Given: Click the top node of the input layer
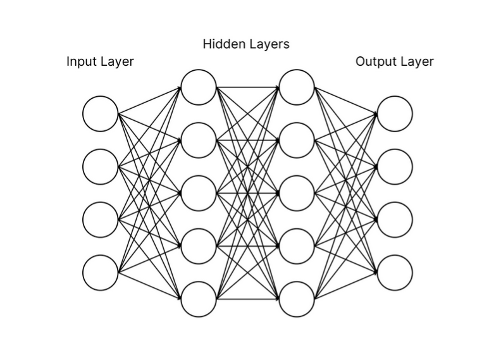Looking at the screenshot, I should pyautogui.click(x=101, y=114).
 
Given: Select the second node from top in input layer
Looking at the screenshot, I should pyautogui.click(x=101, y=166).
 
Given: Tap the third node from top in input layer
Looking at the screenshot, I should pyautogui.click(x=101, y=220).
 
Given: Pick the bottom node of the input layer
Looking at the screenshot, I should pyautogui.click(x=101, y=273).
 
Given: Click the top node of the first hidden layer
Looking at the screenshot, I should pyautogui.click(x=199, y=87).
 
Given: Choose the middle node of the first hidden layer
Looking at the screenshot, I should pyautogui.click(x=199, y=193).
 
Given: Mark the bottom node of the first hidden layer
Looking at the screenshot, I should pyautogui.click(x=199, y=299).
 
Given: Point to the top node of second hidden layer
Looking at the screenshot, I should pyautogui.click(x=297, y=87).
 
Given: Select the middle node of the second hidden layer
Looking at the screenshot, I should pyautogui.click(x=297, y=193).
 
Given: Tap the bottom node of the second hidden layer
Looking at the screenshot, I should pyautogui.click(x=297, y=299).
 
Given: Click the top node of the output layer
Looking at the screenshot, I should pyautogui.click(x=395, y=114).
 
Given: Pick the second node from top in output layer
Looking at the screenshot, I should pyautogui.click(x=395, y=166).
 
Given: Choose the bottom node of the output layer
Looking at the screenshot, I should pyautogui.click(x=395, y=273).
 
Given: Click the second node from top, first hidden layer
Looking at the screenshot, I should pyautogui.click(x=199, y=140).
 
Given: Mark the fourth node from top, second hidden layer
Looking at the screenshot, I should pyautogui.click(x=297, y=246).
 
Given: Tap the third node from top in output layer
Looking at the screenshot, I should pyautogui.click(x=395, y=220).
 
